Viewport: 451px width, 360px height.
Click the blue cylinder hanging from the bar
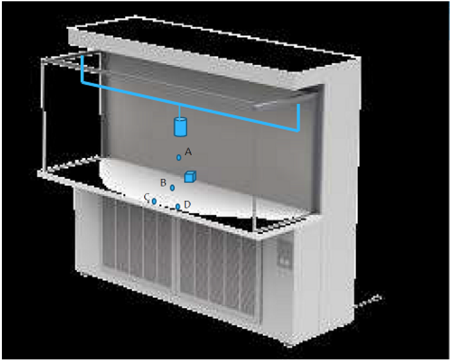pos(180,126)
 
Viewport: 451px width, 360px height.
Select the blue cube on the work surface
pos(190,176)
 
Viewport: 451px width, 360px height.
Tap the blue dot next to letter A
pos(178,157)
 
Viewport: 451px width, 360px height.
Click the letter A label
pos(188,151)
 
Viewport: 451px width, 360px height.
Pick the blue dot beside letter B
pos(173,187)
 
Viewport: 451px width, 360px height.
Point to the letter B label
pos(163,183)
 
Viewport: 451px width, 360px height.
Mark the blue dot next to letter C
pos(154,201)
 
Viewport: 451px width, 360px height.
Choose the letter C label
pos(147,197)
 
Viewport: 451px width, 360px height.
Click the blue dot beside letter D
pos(178,207)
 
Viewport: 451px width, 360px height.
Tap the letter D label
pos(187,205)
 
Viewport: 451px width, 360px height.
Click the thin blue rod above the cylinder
pos(180,112)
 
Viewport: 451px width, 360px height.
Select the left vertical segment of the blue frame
pos(82,69)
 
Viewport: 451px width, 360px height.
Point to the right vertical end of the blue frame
pos(298,117)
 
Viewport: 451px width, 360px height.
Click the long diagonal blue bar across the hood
pos(190,107)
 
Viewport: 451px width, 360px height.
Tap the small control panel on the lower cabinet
pos(284,257)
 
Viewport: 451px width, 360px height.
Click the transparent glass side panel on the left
pos(71,113)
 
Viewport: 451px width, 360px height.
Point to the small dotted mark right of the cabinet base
pos(369,301)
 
